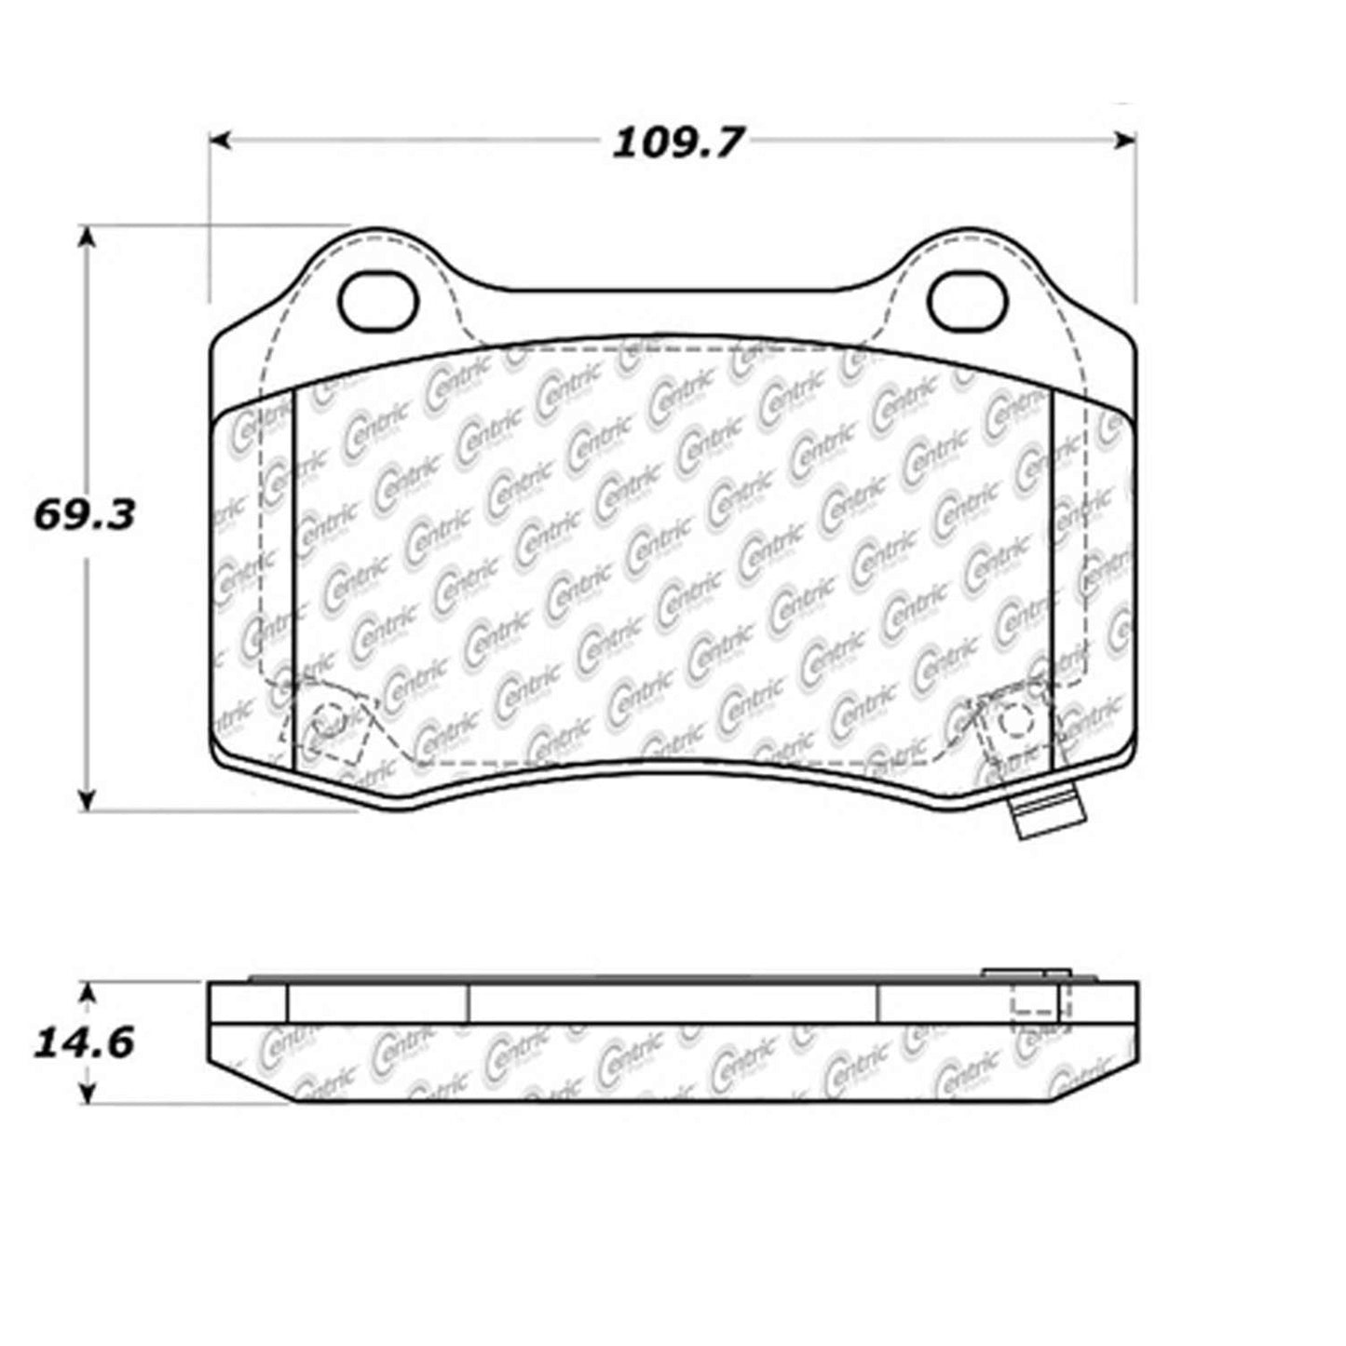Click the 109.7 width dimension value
pos(677,143)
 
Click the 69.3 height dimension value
pos(85,514)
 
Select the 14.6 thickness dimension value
pos(85,1042)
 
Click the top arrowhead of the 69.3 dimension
pos(87,236)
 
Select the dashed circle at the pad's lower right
pos(1014,721)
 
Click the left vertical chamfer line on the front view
pos(293,578)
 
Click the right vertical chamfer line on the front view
pos(1052,578)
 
